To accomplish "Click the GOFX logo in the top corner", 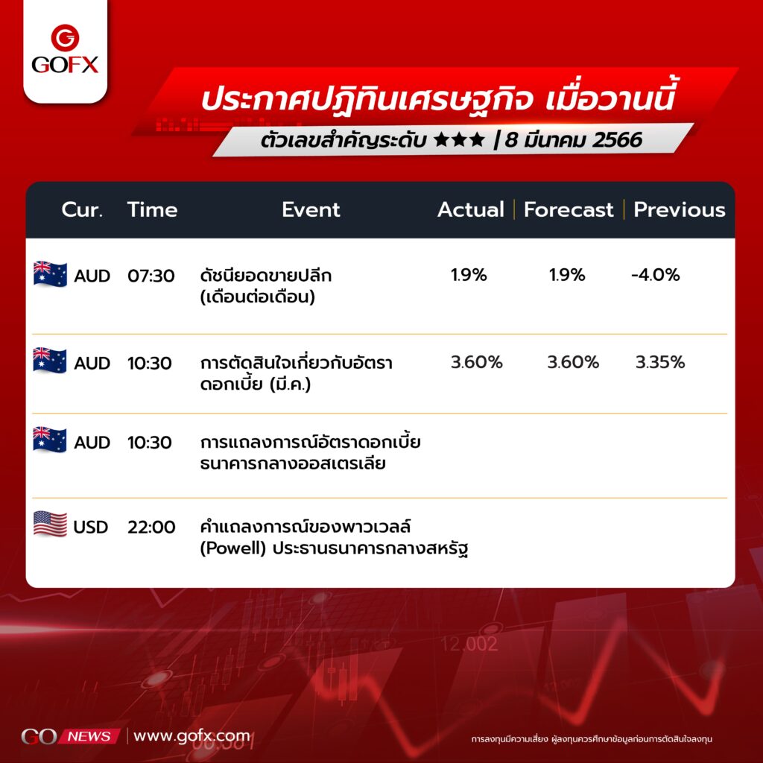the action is click(66, 49).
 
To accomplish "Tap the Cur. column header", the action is click(82, 209).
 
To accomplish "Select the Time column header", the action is click(152, 209).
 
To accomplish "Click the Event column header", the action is click(311, 209).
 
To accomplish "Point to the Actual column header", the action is click(471, 209).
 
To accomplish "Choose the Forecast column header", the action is click(569, 209).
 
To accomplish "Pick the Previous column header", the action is click(680, 209).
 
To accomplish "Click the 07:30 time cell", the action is click(151, 276).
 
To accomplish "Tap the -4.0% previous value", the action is click(656, 275).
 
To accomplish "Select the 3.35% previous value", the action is click(660, 362).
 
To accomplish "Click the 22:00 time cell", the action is click(151, 527).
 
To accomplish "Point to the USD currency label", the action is click(90, 527).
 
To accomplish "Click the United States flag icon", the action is click(50, 524).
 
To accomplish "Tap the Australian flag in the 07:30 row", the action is click(50, 274).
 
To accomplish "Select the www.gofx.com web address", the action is click(191, 736).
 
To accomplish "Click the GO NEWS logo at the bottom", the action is click(70, 736).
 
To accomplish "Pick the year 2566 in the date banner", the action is click(618, 139).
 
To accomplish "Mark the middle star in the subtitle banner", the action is click(459, 139).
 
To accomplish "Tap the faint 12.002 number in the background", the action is click(469, 645).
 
